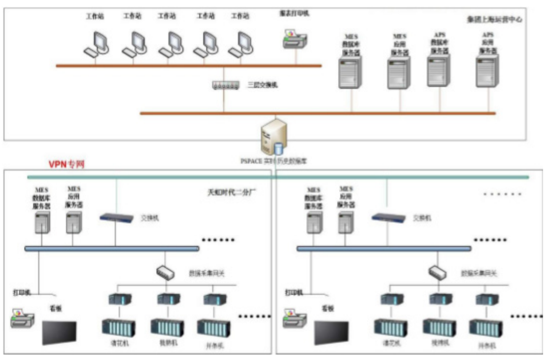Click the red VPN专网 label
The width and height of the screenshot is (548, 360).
66,165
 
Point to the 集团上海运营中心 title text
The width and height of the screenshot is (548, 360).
494,20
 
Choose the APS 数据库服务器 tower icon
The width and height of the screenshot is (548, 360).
439,71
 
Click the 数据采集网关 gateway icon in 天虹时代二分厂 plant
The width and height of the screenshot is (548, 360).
166,272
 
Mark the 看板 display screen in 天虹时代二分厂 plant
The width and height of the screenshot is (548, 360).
59,332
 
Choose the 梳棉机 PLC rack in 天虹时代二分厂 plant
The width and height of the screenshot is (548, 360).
167,327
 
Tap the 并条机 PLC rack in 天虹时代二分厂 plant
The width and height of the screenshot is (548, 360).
213,328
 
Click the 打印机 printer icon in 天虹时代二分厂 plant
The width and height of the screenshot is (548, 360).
23,319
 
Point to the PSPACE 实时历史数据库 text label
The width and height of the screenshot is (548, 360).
273,161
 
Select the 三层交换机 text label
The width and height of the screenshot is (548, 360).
262,85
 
